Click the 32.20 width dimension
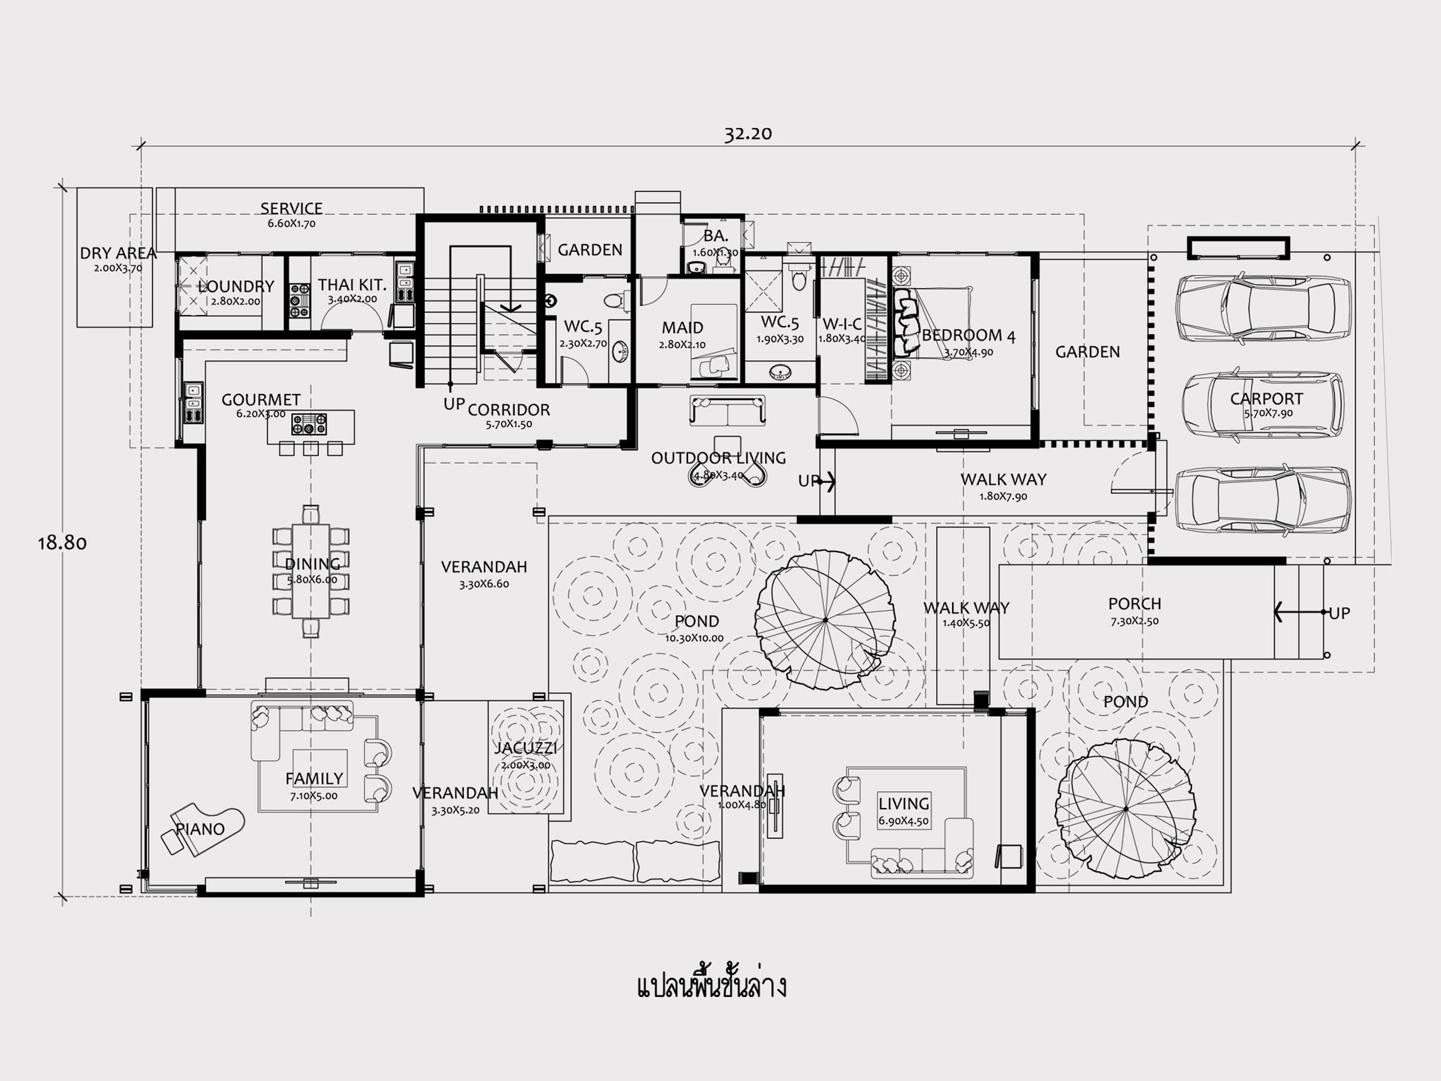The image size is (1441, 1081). click(x=748, y=134)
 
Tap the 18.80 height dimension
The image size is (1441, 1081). click(x=62, y=543)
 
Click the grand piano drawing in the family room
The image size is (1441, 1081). click(x=202, y=830)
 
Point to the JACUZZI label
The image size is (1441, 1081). click(x=525, y=749)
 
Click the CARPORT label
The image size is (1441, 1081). click(x=1266, y=399)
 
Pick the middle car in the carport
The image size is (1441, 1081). click(x=1263, y=405)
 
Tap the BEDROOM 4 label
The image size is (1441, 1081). click(x=969, y=336)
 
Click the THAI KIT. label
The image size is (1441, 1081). click(x=352, y=285)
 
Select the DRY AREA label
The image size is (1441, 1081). click(x=118, y=253)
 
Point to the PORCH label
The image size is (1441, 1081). click(x=1135, y=604)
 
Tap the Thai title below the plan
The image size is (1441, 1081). click(x=711, y=985)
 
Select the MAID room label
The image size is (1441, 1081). click(x=682, y=328)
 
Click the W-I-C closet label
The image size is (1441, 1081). click(x=842, y=324)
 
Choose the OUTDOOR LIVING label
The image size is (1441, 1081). click(x=718, y=458)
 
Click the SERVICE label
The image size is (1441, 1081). click(x=291, y=209)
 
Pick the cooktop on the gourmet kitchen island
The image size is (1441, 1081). click(x=309, y=424)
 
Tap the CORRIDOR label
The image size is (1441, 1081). click(x=509, y=410)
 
